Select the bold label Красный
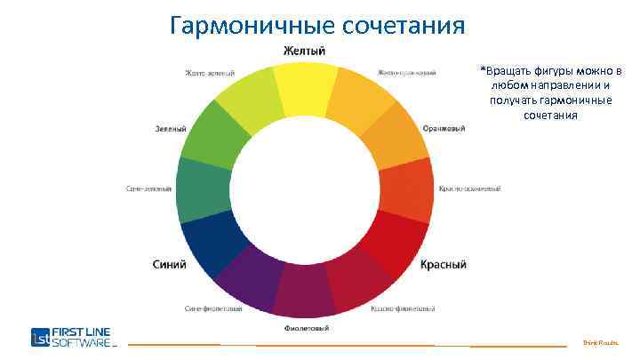pyautogui.click(x=443, y=265)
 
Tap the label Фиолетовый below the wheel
pyautogui.click(x=306, y=328)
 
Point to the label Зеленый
pyautogui.click(x=171, y=129)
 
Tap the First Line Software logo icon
pyautogui.click(x=40, y=337)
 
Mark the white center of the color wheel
pyautogui.click(x=305, y=189)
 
